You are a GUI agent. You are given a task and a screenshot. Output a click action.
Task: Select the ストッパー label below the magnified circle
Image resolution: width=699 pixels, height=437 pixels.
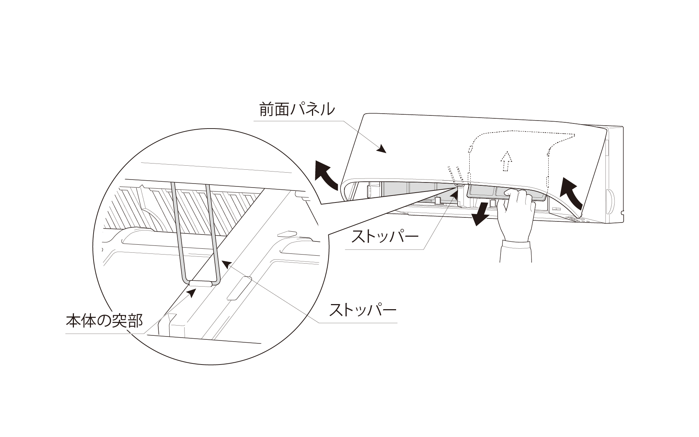click(x=363, y=310)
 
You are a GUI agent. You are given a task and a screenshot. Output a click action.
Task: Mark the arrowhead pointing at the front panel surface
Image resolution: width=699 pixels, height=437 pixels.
click(x=382, y=149)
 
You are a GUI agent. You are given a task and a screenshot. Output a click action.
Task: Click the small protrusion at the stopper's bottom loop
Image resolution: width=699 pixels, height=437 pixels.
click(x=200, y=283)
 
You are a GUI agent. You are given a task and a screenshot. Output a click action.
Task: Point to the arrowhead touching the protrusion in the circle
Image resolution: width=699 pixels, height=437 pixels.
click(x=192, y=292)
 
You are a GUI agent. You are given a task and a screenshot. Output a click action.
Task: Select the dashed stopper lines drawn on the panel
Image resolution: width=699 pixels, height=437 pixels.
click(x=455, y=175)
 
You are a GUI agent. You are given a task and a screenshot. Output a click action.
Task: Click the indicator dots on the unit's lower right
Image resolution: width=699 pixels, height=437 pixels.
click(x=579, y=220)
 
